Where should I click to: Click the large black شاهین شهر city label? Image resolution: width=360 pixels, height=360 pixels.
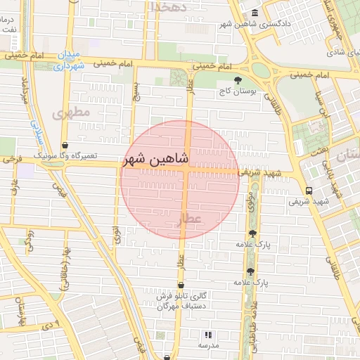(x=156, y=159)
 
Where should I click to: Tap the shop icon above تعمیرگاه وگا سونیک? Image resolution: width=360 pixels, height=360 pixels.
(x=65, y=145)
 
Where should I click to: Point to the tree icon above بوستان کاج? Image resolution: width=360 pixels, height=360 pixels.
(x=238, y=81)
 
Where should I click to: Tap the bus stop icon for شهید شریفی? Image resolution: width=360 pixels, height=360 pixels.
(x=309, y=191)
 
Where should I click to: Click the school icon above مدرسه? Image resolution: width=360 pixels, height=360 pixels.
(x=208, y=335)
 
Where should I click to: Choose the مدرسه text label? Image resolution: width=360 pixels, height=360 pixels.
(x=208, y=346)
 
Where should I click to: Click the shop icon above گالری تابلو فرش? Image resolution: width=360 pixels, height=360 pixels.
(x=182, y=285)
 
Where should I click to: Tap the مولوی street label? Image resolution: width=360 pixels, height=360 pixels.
(x=250, y=204)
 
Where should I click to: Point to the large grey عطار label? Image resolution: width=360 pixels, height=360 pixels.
(x=193, y=219)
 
